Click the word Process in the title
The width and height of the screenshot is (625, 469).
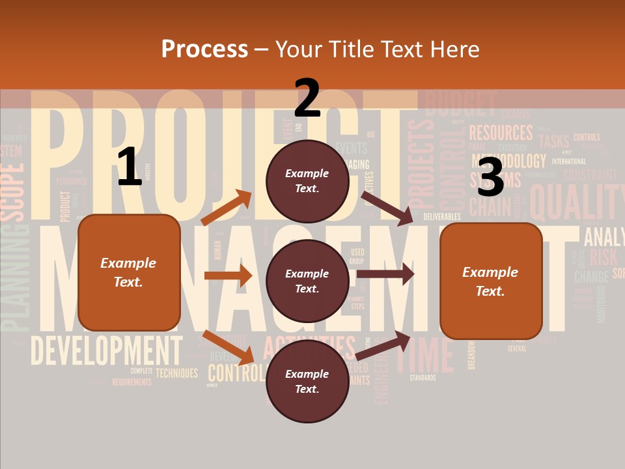[x=204, y=49]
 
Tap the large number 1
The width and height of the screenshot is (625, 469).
[x=130, y=167]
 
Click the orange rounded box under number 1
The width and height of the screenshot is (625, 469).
[x=129, y=272]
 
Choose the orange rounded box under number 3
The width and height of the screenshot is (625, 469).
[x=491, y=281]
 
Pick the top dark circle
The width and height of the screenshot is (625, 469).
[x=307, y=181]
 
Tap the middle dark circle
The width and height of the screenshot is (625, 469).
[x=307, y=281]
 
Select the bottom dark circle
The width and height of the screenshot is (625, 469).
[x=307, y=381]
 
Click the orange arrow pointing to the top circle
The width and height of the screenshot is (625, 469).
[x=227, y=207]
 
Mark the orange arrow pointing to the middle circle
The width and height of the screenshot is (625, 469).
[x=228, y=276]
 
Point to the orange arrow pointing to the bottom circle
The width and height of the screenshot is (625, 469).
[x=228, y=348]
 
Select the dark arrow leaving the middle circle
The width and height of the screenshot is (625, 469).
[x=385, y=274]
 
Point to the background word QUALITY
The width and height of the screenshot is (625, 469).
[x=576, y=202]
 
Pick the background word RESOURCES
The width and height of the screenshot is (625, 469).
[x=501, y=134]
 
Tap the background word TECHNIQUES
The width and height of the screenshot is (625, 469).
[x=176, y=373]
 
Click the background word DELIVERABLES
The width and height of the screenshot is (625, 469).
[x=442, y=216]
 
